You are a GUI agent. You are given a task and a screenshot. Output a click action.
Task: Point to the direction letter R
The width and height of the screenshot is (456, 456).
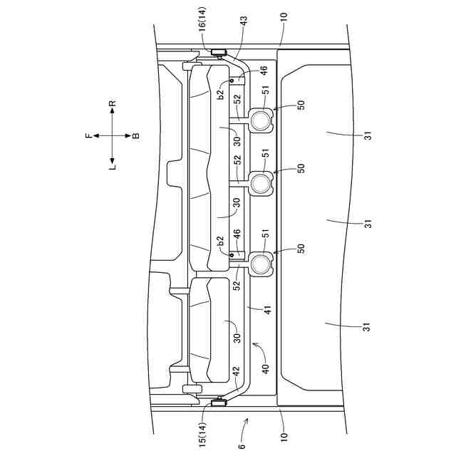tap(113, 104)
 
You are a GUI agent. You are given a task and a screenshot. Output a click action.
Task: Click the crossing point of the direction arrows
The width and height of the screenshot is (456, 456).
tap(113, 135)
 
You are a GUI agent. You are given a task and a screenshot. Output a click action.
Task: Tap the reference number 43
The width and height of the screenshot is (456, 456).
tap(244, 24)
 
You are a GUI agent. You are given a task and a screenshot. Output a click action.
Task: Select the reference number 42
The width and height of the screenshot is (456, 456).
tap(237, 371)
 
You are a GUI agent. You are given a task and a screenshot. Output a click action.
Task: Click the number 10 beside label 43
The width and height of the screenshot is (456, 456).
tap(284, 16)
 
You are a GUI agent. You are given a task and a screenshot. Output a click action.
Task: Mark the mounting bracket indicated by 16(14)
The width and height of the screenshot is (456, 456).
tap(218, 52)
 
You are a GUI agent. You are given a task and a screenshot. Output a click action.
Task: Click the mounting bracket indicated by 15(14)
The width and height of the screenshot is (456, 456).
tap(218, 404)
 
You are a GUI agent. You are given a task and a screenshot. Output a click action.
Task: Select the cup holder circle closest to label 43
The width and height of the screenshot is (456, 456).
tap(260, 119)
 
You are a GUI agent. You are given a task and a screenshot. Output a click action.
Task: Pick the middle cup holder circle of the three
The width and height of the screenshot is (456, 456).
tap(260, 184)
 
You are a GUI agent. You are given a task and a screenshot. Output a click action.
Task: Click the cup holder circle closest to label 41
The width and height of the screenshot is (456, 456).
tap(260, 264)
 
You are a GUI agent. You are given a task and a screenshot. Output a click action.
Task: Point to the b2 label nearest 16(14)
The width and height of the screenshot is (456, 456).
tap(222, 91)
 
